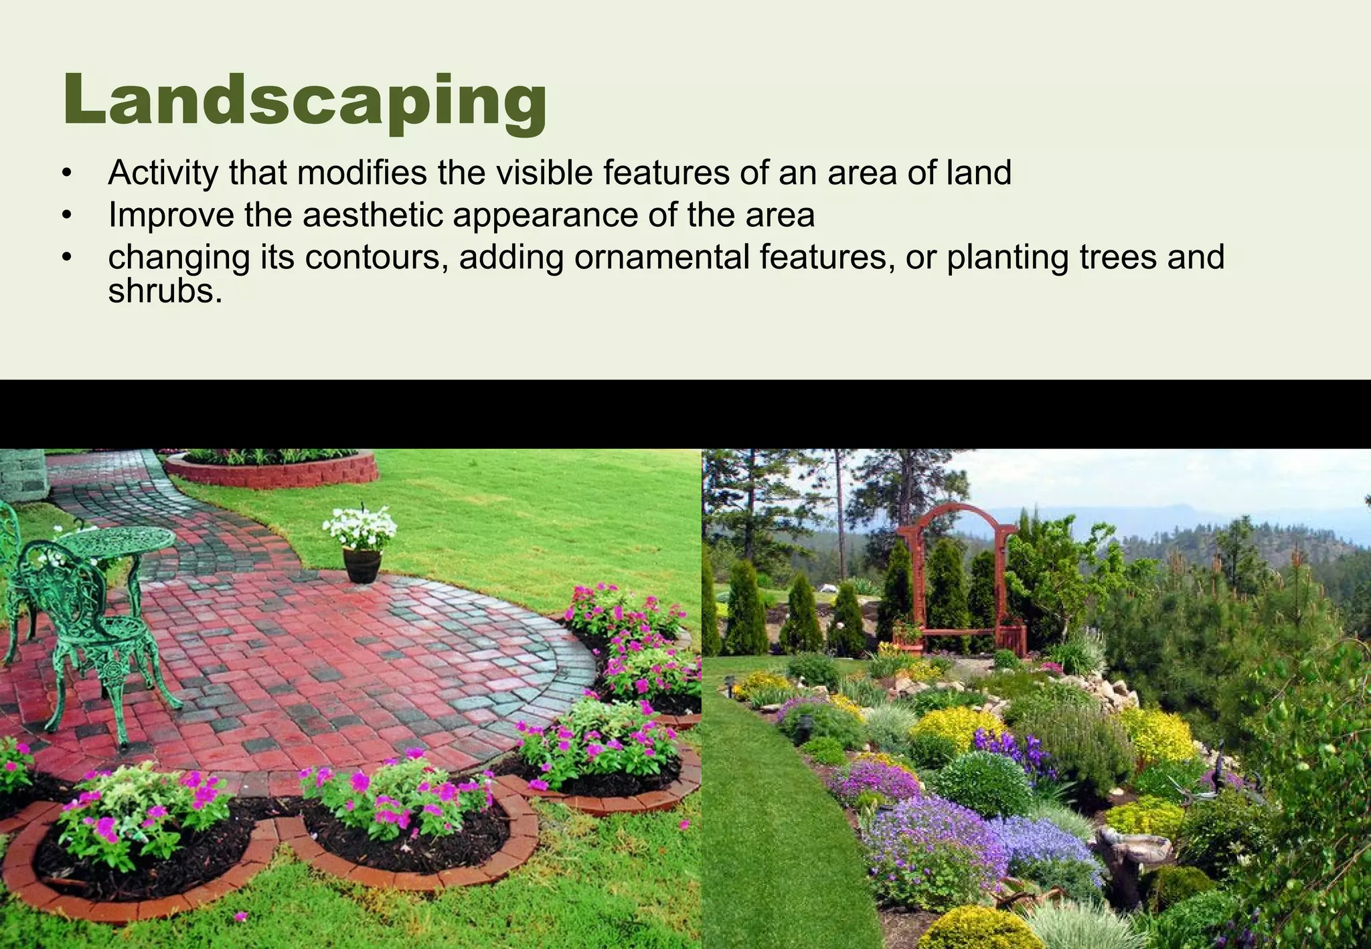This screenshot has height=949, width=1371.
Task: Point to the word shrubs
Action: (x=165, y=291)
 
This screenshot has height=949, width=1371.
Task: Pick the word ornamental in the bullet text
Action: (x=661, y=258)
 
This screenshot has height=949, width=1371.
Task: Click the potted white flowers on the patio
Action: (x=360, y=527)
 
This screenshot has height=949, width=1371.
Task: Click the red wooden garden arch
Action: (x=959, y=576)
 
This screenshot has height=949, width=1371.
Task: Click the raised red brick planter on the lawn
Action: (x=271, y=468)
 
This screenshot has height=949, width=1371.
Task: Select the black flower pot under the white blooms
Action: (x=361, y=566)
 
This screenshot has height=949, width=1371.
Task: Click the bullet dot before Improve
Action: (x=66, y=216)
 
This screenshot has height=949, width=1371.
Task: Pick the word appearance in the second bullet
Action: (x=544, y=215)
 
